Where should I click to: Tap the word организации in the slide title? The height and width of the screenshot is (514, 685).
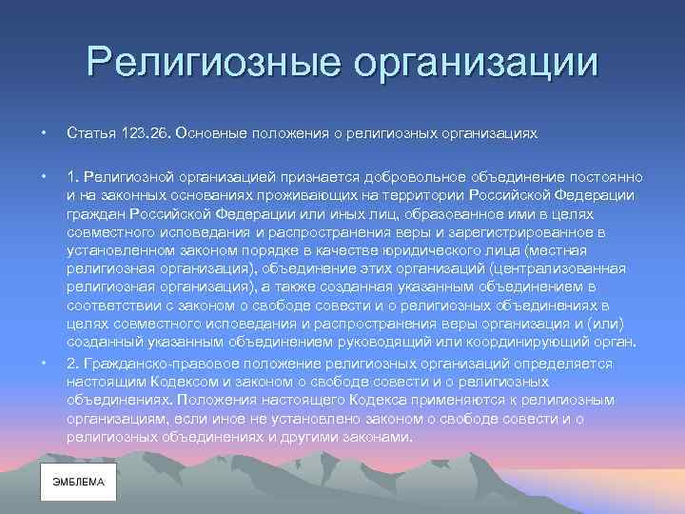point(477,64)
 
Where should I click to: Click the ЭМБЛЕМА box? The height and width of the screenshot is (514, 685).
point(78,483)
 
